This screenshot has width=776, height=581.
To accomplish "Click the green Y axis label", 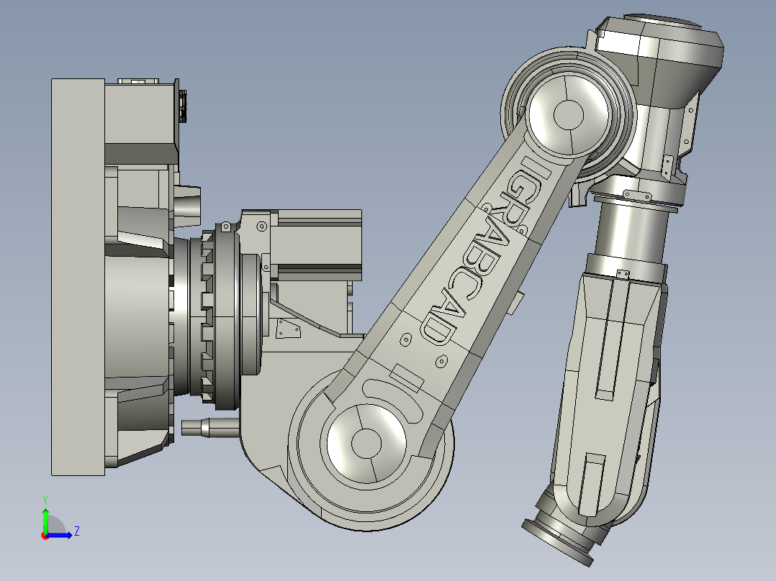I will click(x=45, y=499).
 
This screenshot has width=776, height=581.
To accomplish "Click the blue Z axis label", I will click(x=76, y=531).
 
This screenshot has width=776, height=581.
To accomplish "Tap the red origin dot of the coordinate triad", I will click(x=45, y=535).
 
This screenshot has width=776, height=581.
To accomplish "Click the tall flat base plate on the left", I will click(x=78, y=277).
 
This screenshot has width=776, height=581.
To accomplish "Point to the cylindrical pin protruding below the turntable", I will click(x=209, y=428).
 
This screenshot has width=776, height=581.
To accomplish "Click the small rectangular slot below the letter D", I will click(x=405, y=378).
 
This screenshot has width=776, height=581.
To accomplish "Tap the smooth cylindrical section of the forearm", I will click(x=630, y=227).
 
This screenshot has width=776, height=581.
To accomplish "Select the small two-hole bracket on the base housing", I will click(x=289, y=330).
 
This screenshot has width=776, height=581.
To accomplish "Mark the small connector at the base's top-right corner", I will click(x=182, y=106).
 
